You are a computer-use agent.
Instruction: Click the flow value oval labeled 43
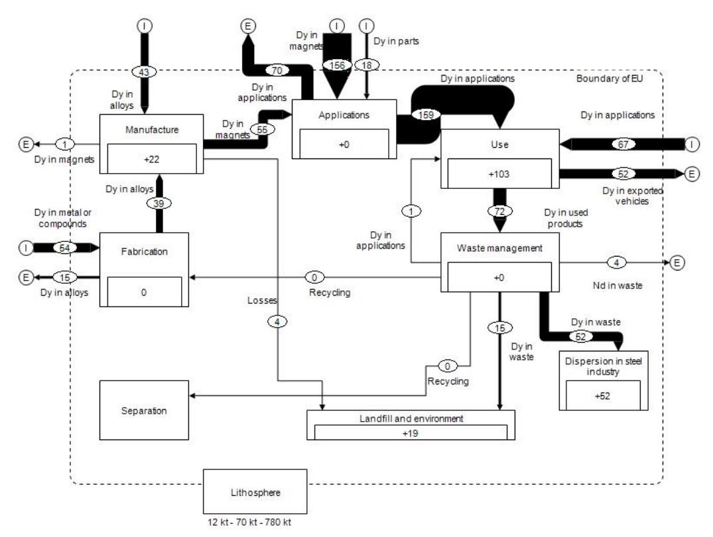click(x=145, y=71)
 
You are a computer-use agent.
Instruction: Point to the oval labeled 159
click(x=425, y=114)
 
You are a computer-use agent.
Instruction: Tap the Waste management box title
click(x=499, y=248)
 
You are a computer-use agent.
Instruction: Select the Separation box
click(x=144, y=410)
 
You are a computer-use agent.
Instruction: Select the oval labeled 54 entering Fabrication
click(x=65, y=247)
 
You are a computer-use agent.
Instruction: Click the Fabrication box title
click(x=143, y=252)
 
